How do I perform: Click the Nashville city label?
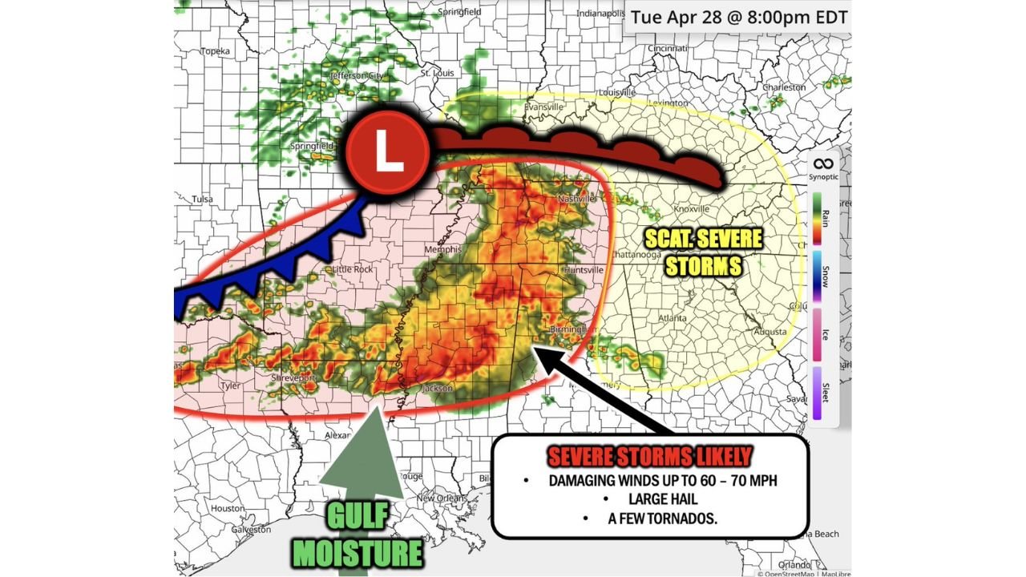pyautogui.click(x=577, y=198)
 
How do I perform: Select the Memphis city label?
pyautogui.click(x=443, y=250)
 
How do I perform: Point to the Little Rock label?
pyautogui.click(x=353, y=269)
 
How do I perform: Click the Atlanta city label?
pyautogui.click(x=672, y=318)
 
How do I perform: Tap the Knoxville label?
pyautogui.click(x=692, y=208)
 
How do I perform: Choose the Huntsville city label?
pyautogui.click(x=584, y=270)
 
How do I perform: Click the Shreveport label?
pyautogui.click(x=292, y=377)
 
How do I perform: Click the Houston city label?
pyautogui.click(x=228, y=508)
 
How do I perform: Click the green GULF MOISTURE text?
pyautogui.click(x=357, y=537)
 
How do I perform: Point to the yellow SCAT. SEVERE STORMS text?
pyautogui.click(x=704, y=252)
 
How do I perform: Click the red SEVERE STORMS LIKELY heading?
pyautogui.click(x=649, y=458)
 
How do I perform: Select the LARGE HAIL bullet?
pyautogui.click(x=651, y=499)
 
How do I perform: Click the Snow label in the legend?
pyautogui.click(x=825, y=277)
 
